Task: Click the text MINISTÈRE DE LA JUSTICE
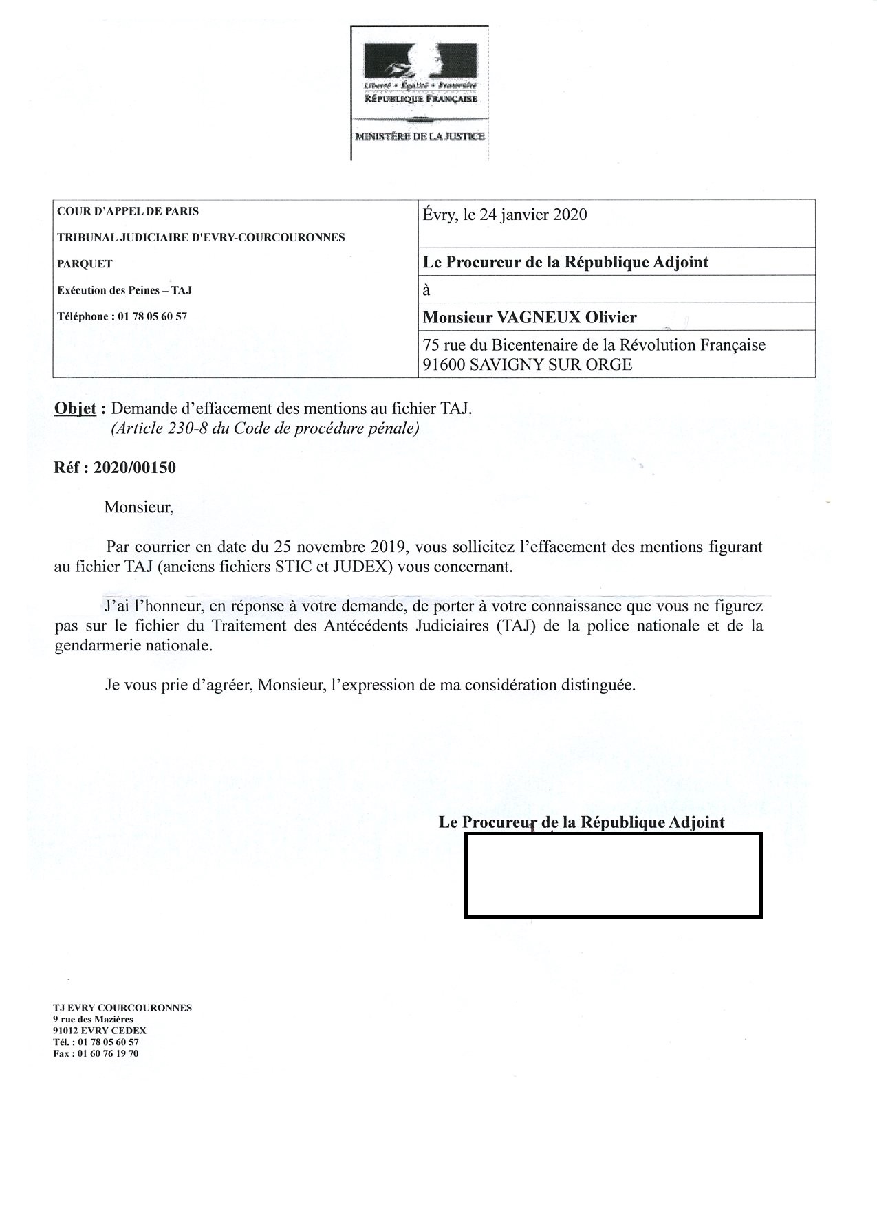click(420, 136)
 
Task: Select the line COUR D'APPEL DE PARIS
click(128, 211)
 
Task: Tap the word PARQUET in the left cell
click(85, 263)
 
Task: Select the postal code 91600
click(444, 364)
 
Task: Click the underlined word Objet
click(75, 408)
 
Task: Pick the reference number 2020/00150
click(135, 468)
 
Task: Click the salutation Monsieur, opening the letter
click(139, 507)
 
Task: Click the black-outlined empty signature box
click(613, 875)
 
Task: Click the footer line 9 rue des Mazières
click(93, 1019)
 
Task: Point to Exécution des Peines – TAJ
click(124, 290)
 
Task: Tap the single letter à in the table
click(426, 289)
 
